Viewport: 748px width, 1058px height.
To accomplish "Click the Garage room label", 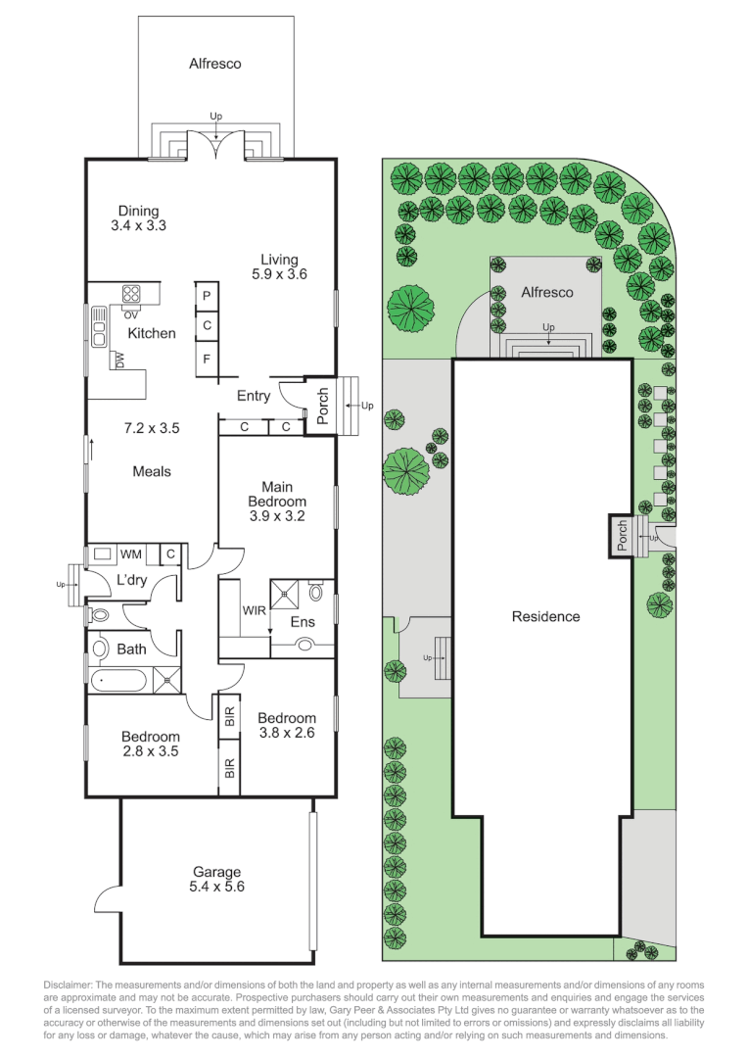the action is (217, 872).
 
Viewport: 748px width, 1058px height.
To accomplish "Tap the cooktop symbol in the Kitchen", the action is (131, 294).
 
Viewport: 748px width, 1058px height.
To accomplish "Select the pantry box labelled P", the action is (207, 296).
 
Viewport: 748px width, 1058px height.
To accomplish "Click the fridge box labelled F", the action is (207, 359).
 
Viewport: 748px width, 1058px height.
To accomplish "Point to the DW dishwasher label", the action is (120, 361).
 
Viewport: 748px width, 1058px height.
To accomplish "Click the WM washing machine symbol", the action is (103, 553).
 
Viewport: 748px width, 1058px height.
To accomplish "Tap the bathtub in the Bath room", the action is (117, 680).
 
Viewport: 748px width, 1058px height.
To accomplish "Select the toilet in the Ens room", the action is (315, 592).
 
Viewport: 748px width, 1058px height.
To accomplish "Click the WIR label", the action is (255, 610).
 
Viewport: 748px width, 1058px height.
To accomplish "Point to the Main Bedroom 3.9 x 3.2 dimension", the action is (277, 516).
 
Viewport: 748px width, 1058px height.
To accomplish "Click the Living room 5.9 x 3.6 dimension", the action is (279, 274).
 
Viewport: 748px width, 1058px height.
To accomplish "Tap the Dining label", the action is (138, 211).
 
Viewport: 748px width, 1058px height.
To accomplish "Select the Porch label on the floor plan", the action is (322, 406).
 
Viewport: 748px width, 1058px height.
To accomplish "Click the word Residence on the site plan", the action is (545, 616).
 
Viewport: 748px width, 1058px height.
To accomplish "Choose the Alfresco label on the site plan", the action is (547, 292).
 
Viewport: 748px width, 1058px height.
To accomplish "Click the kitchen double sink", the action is (100, 326).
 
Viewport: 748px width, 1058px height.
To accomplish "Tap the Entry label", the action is (254, 396).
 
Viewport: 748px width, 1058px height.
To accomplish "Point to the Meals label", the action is (152, 471).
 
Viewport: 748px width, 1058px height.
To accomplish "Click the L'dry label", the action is (131, 580).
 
